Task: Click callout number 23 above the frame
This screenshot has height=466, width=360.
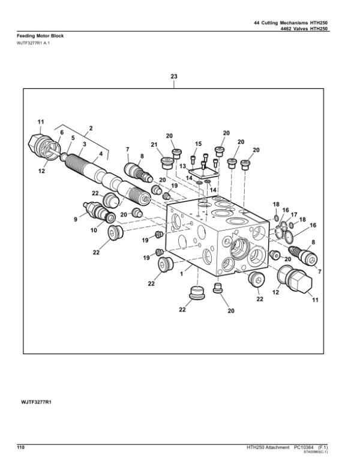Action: [174, 77]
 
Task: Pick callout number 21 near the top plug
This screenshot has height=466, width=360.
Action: [154, 145]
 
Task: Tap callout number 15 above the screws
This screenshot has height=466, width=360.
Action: [197, 144]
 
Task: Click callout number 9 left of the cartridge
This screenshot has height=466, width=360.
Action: [76, 220]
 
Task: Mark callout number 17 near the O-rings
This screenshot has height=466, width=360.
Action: [295, 214]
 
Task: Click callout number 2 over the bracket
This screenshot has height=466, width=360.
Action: [90, 128]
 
